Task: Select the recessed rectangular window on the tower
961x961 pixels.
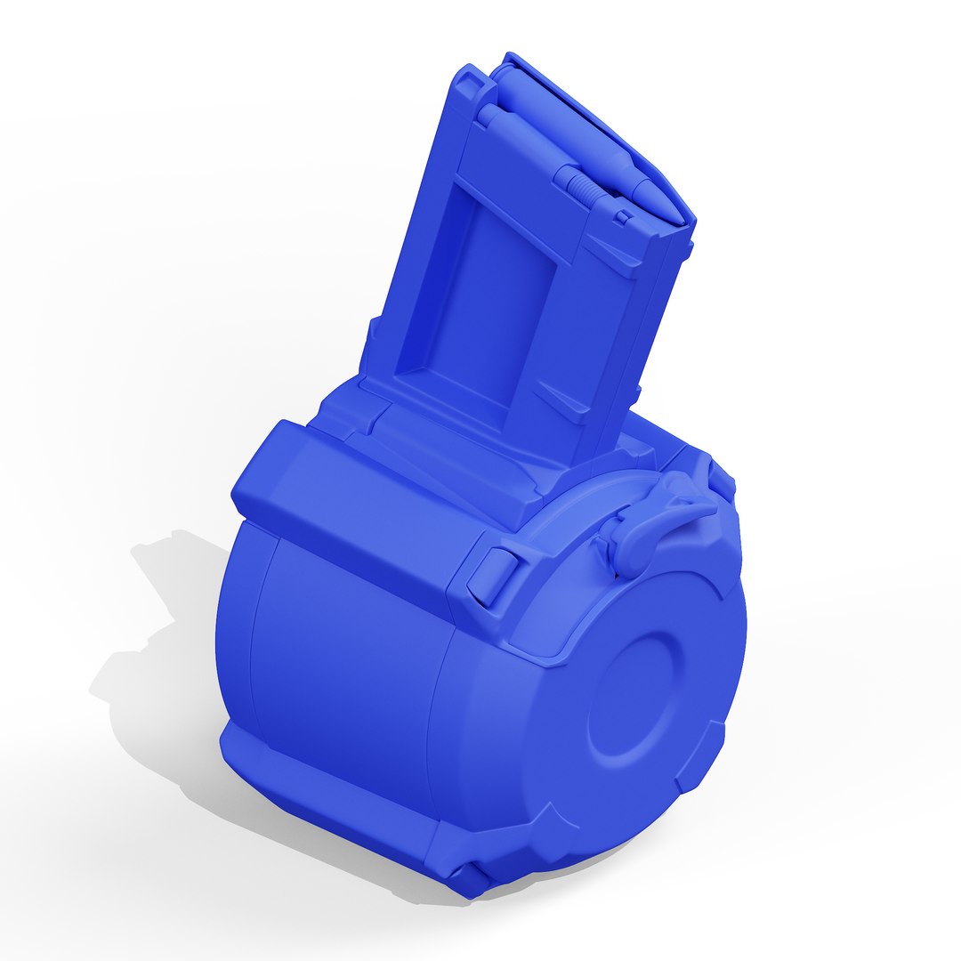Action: (480, 303)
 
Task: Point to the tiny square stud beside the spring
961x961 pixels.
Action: (624, 216)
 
